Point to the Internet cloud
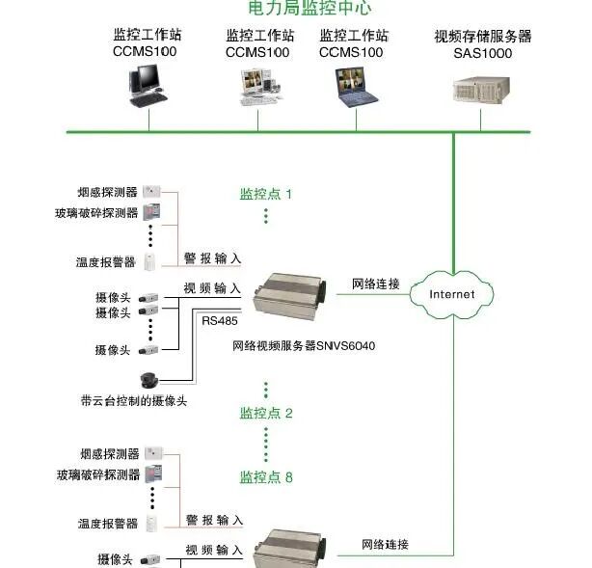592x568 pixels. pos(452,293)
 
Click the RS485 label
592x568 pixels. pos(219,320)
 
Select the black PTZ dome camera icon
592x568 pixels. pos(149,380)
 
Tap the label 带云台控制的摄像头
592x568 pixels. pos(134,399)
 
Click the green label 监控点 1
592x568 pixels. pos(266,194)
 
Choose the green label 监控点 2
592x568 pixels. pos(266,413)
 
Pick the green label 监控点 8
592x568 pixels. pos(266,476)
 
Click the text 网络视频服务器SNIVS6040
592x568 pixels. pos(304,344)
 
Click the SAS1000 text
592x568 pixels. pos(482,53)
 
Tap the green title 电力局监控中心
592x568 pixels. pos(296,8)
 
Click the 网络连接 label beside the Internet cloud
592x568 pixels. pos(375,284)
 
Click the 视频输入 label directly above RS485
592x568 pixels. pos(213,288)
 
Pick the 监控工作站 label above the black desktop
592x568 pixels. pos(148,35)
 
